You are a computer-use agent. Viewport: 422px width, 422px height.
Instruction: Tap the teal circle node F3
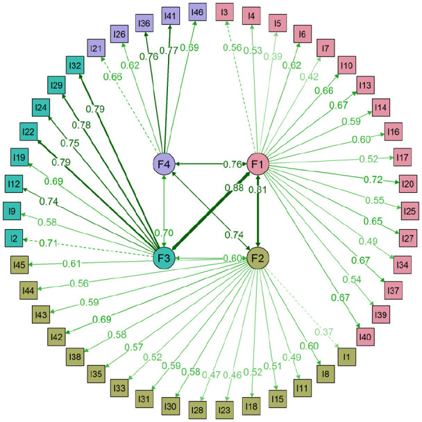pos(164,258)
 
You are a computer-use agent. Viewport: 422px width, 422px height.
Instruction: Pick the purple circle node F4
pos(164,164)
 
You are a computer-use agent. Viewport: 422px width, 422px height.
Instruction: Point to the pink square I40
pos(365,337)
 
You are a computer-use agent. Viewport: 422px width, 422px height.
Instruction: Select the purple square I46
pos(197,12)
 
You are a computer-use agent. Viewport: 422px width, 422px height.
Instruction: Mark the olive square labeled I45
pos(19,264)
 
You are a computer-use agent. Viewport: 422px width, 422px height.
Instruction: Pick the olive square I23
pos(224,410)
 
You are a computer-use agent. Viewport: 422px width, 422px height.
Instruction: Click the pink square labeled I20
pos(407,183)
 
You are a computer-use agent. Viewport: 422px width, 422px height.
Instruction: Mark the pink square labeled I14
pos(380,108)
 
